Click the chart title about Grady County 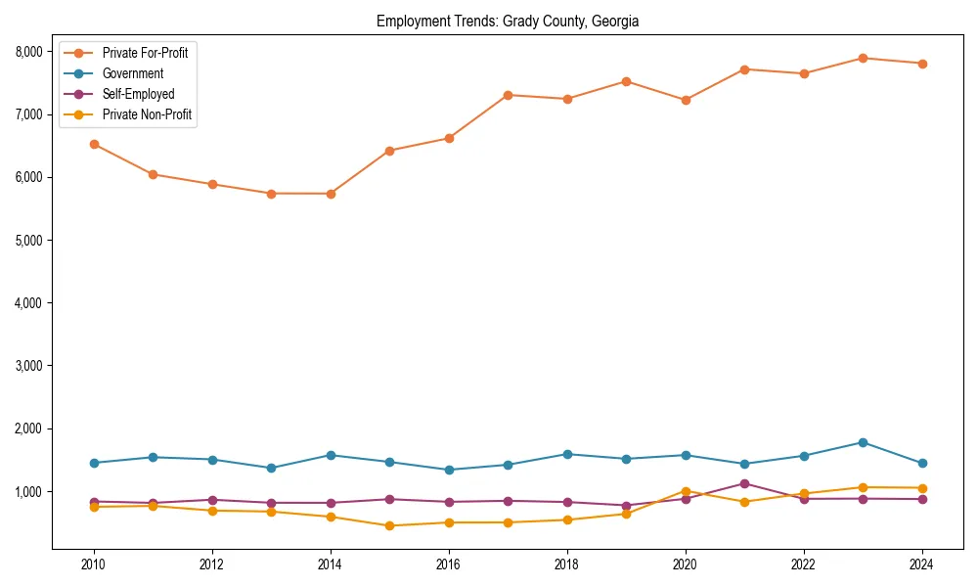(x=507, y=21)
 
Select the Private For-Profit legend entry (x=145, y=53)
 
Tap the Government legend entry (x=133, y=73)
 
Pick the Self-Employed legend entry (x=138, y=94)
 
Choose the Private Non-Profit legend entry (x=147, y=114)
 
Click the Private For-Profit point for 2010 (x=94, y=144)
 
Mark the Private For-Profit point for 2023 (x=863, y=58)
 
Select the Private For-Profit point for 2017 (x=508, y=95)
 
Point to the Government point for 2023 (x=863, y=442)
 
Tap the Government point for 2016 (x=449, y=470)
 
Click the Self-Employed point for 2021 (x=744, y=483)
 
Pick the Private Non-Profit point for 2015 (x=389, y=525)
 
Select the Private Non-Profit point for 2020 (x=686, y=491)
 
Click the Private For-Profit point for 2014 (x=331, y=194)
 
